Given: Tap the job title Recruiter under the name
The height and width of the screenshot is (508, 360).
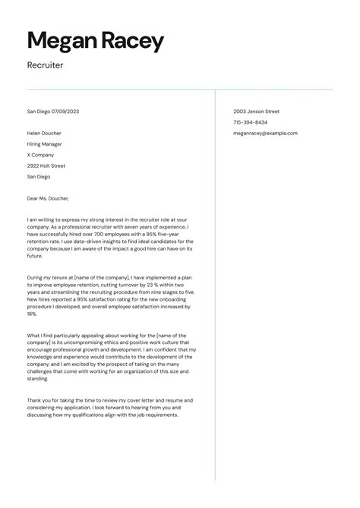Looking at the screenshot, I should pos(45,65).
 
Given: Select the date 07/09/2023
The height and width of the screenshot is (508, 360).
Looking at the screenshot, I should pos(65,112).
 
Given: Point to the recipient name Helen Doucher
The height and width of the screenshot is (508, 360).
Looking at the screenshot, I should pos(45,133).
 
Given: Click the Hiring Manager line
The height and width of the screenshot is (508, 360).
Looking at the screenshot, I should pos(44,144).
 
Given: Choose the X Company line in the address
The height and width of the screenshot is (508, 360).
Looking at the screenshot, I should pos(41,155).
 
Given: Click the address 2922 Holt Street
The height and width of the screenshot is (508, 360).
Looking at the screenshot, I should pos(46,166).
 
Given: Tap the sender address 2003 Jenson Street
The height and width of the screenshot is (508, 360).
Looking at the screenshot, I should pos(257,112).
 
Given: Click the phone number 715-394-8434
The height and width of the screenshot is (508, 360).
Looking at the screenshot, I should pos(250,122).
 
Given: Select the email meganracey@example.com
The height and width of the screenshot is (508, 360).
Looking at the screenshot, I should pos(265,133).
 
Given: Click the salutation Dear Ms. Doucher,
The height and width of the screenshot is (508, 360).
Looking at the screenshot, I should pos(48,198).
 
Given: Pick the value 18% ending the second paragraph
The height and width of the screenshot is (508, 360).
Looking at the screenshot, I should pos(32,314).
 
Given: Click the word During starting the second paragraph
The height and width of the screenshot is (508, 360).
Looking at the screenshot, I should pos(36,277).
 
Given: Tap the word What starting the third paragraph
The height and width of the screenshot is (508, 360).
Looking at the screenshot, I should pos(34,335).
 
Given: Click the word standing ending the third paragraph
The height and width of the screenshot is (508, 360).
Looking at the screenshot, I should pos(39,378).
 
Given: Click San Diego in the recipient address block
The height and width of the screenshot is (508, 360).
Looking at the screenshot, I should pos(38,176).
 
